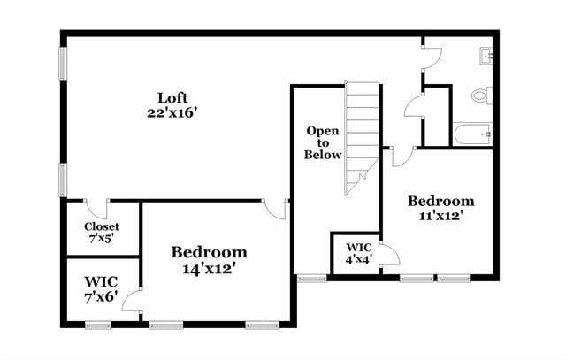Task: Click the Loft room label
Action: pyautogui.click(x=172, y=97)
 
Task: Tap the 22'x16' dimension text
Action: pyautogui.click(x=172, y=112)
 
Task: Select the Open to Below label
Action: pyautogui.click(x=323, y=142)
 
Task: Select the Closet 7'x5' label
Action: pyautogui.click(x=102, y=232)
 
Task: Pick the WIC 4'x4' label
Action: pyautogui.click(x=358, y=253)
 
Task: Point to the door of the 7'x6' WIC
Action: pyautogui.click(x=133, y=298)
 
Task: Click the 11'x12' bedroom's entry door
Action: pyautogui.click(x=402, y=157)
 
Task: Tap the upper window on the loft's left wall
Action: pyautogui.click(x=63, y=64)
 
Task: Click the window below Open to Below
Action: pyautogui.click(x=310, y=279)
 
